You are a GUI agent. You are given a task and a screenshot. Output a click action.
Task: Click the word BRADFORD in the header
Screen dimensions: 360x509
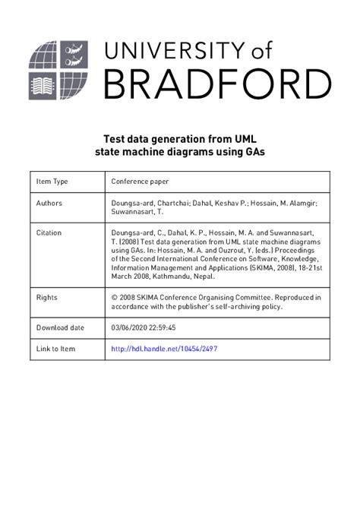click(216, 84)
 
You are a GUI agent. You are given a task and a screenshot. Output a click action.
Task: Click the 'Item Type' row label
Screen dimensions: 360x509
click(52, 182)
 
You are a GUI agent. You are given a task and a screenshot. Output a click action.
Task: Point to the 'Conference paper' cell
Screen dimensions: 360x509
click(140, 182)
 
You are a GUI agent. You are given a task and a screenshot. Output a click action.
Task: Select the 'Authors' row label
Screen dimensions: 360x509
click(49, 204)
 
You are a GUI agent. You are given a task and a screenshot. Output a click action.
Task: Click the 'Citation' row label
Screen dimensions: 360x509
click(49, 232)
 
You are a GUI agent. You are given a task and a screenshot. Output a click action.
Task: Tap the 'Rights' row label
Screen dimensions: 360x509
click(47, 297)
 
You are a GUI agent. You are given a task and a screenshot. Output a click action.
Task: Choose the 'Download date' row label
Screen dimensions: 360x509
click(60, 327)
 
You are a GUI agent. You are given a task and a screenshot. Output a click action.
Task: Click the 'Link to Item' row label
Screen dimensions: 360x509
click(56, 349)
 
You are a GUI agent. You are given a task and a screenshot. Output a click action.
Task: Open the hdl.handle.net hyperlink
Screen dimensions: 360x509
click(169, 349)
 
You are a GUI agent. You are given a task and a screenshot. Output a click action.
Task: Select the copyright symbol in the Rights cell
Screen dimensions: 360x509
click(114, 297)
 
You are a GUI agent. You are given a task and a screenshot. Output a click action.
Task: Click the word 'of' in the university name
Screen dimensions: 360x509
click(303, 51)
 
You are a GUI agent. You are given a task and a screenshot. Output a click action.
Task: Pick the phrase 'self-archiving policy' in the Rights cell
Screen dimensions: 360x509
click(246, 307)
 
